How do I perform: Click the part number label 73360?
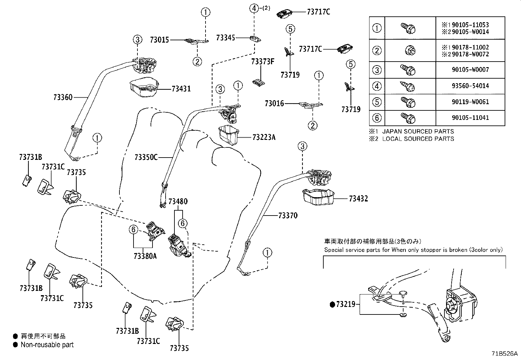63,97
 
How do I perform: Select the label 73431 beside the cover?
181,89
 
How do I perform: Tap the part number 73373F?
262,62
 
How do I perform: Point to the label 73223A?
264,137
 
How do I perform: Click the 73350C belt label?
146,158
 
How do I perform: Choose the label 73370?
288,216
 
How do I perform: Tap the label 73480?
178,201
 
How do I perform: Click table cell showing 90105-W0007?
470,70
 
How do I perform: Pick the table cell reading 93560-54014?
470,86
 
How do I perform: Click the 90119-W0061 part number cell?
470,102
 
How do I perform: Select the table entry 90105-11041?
470,118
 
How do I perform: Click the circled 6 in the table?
377,118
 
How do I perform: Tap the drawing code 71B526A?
504,354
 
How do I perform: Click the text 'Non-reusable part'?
47,345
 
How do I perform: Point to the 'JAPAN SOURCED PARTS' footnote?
418,131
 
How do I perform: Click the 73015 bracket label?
159,40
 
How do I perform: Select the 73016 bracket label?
274,104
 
